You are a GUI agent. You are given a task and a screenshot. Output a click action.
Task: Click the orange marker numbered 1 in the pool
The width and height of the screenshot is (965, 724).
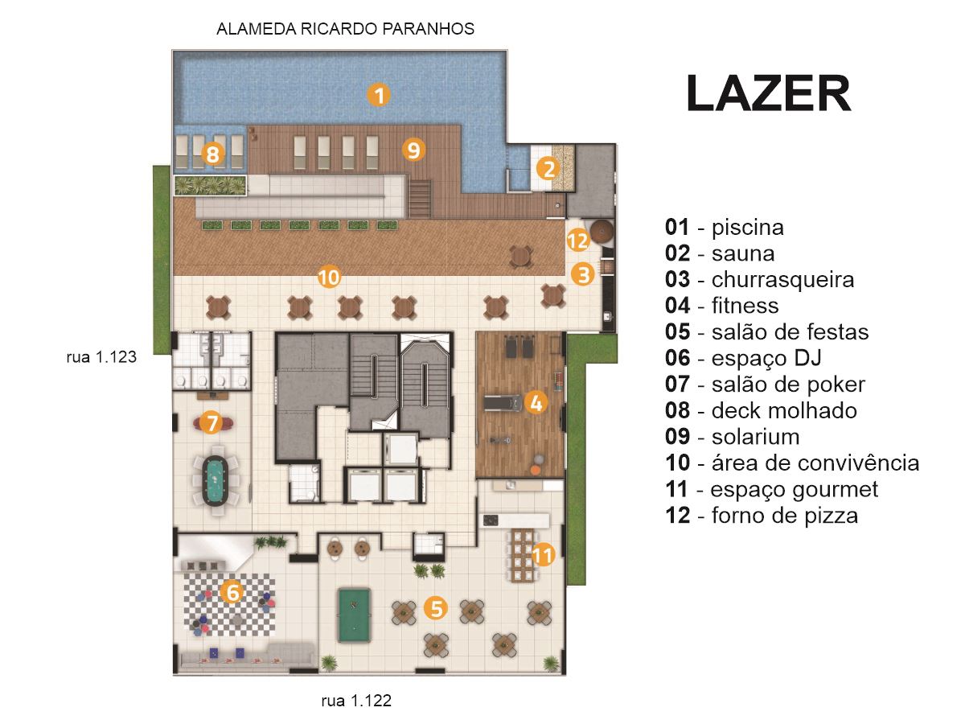(379, 94)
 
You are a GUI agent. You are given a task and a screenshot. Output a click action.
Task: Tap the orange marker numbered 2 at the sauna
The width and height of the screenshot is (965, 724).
(548, 169)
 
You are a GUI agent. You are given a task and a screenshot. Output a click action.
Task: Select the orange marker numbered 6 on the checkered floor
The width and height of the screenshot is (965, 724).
(232, 591)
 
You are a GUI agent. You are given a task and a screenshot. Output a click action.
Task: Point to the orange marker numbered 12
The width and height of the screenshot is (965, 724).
(577, 240)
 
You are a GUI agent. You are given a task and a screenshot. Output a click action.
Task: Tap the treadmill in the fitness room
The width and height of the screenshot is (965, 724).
(503, 403)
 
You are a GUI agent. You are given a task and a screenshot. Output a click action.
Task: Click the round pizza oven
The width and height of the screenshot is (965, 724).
(602, 230)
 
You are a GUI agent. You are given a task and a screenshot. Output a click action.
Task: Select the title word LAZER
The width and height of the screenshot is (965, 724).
(769, 93)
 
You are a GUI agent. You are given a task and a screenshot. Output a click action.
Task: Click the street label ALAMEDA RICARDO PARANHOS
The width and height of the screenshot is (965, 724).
(345, 29)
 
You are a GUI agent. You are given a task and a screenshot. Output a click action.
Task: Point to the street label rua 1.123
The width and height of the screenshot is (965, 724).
(101, 357)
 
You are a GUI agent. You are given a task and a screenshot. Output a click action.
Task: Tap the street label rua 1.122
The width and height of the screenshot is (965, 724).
(356, 700)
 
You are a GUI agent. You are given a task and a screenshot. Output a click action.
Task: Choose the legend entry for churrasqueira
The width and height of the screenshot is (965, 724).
(760, 280)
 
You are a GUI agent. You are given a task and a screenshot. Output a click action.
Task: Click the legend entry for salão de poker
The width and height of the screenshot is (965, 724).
(766, 385)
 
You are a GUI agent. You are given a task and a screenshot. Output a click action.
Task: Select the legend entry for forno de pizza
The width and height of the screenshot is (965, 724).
(762, 516)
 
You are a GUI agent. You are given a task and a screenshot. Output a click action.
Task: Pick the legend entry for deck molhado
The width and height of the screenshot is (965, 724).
(761, 410)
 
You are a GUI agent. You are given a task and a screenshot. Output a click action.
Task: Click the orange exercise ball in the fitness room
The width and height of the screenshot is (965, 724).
(535, 470)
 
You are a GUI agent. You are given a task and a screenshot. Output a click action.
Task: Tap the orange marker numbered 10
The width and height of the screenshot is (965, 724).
(329, 278)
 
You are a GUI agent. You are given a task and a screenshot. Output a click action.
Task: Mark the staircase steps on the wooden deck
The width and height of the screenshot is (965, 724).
(420, 200)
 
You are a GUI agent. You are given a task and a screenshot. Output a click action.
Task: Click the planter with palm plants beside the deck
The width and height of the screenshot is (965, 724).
(210, 185)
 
